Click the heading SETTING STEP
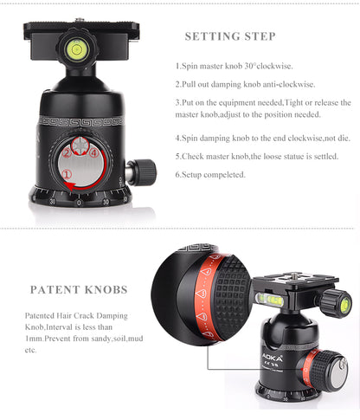point(230,36)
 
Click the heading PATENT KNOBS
point(79,289)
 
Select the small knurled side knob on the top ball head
point(141,171)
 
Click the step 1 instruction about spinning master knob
point(235,66)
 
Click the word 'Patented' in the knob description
point(43,316)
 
